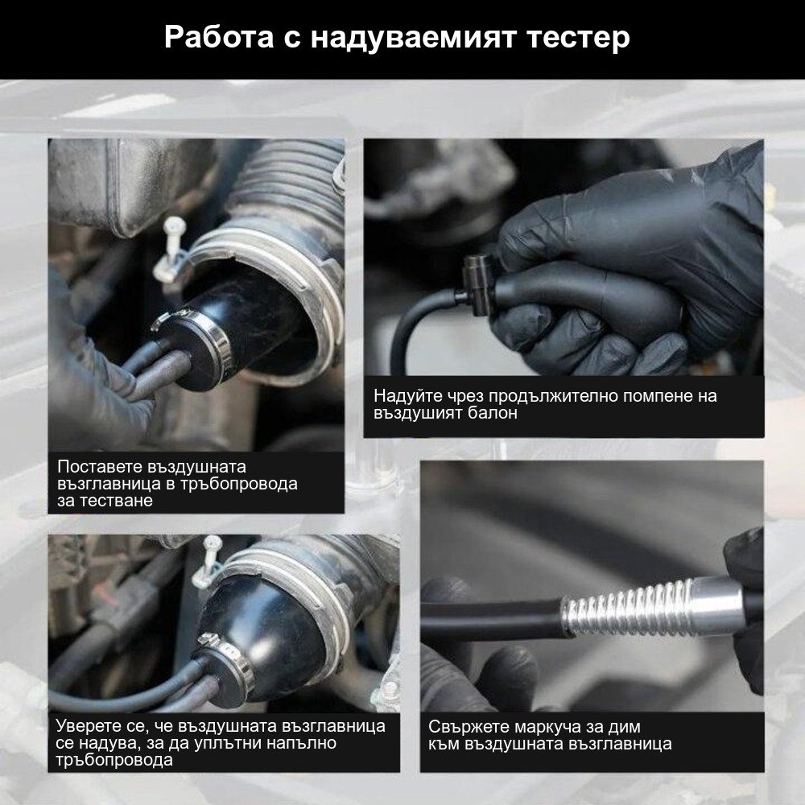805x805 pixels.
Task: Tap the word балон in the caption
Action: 491,413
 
